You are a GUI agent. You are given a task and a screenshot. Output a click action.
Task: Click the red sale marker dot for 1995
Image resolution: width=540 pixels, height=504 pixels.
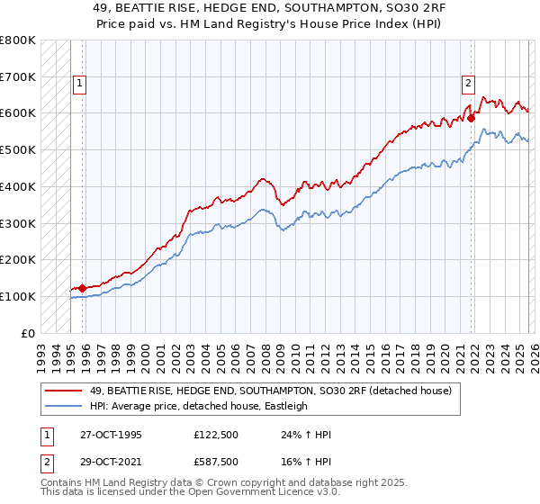83,288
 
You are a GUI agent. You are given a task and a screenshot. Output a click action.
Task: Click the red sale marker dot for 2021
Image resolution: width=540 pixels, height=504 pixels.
472,117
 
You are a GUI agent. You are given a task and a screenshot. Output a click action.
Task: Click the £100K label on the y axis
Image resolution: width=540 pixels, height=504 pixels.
18,296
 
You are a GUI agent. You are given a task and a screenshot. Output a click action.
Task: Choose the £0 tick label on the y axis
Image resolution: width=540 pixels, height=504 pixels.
27,333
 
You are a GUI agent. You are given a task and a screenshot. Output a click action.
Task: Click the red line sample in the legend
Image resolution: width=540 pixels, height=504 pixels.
63,390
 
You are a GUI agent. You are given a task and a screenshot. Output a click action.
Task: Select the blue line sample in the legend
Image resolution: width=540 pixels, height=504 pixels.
63,406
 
